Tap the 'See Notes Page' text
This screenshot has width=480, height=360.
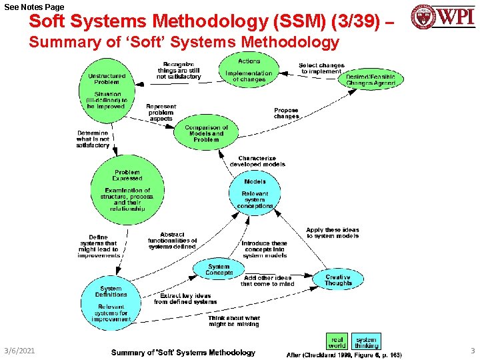tap(34, 7)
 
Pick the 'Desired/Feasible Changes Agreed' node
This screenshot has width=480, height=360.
tap(371, 81)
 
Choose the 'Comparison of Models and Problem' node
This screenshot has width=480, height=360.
tap(206, 133)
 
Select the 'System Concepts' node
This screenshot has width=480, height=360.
tap(219, 269)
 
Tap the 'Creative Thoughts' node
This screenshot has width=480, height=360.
tap(338, 280)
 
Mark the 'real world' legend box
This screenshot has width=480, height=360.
tap(337, 342)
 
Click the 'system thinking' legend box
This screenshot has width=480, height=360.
tap(366, 342)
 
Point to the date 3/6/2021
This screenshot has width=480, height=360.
tap(19, 351)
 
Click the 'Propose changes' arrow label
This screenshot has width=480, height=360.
tap(286, 113)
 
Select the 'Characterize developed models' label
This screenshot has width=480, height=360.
tap(257, 161)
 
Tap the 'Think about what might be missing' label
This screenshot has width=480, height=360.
tap(234, 321)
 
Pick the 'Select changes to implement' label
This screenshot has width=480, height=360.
tap(321, 68)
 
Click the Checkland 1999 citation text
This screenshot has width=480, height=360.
tap(344, 355)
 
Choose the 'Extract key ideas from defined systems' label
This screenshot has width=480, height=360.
tap(185, 299)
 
